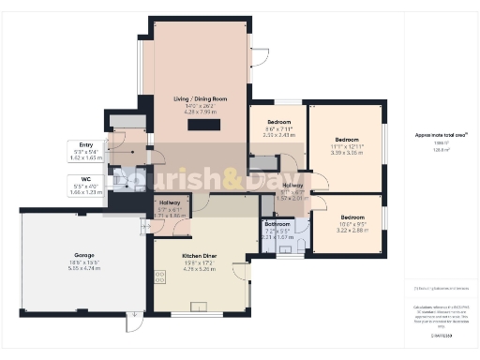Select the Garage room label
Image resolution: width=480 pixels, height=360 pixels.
[84, 255]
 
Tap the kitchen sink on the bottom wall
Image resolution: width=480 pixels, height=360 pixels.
[199, 307]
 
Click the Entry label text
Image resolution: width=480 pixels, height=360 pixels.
[86, 144]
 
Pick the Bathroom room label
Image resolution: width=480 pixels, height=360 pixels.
[277, 224]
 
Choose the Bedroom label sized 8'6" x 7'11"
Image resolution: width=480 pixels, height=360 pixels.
[278, 123]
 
